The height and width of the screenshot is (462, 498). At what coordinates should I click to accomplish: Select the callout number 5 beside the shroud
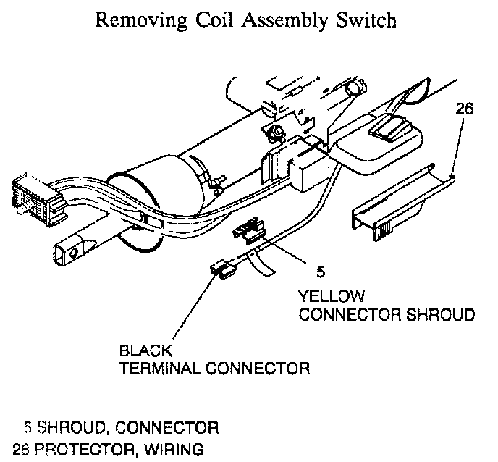pos(321,272)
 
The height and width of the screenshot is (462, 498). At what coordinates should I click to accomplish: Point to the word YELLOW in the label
pos(332,296)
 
